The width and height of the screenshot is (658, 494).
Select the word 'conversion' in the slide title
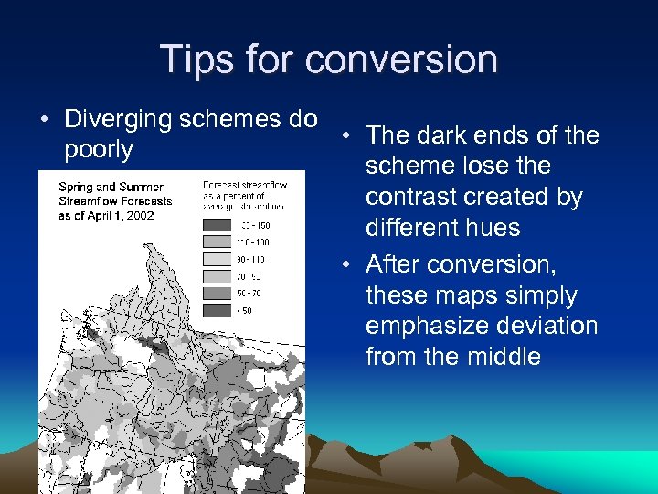pos(401,59)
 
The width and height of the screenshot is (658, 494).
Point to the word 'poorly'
pos(99,149)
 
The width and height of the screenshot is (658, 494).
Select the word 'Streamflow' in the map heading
pos(93,201)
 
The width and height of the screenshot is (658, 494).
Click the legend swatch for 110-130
pos(217,242)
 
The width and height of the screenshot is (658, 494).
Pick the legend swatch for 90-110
pos(217,259)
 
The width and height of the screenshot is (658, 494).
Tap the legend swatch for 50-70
pos(217,293)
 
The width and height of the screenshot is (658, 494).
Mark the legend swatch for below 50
pos(217,309)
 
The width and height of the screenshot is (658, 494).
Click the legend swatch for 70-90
pos(217,276)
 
